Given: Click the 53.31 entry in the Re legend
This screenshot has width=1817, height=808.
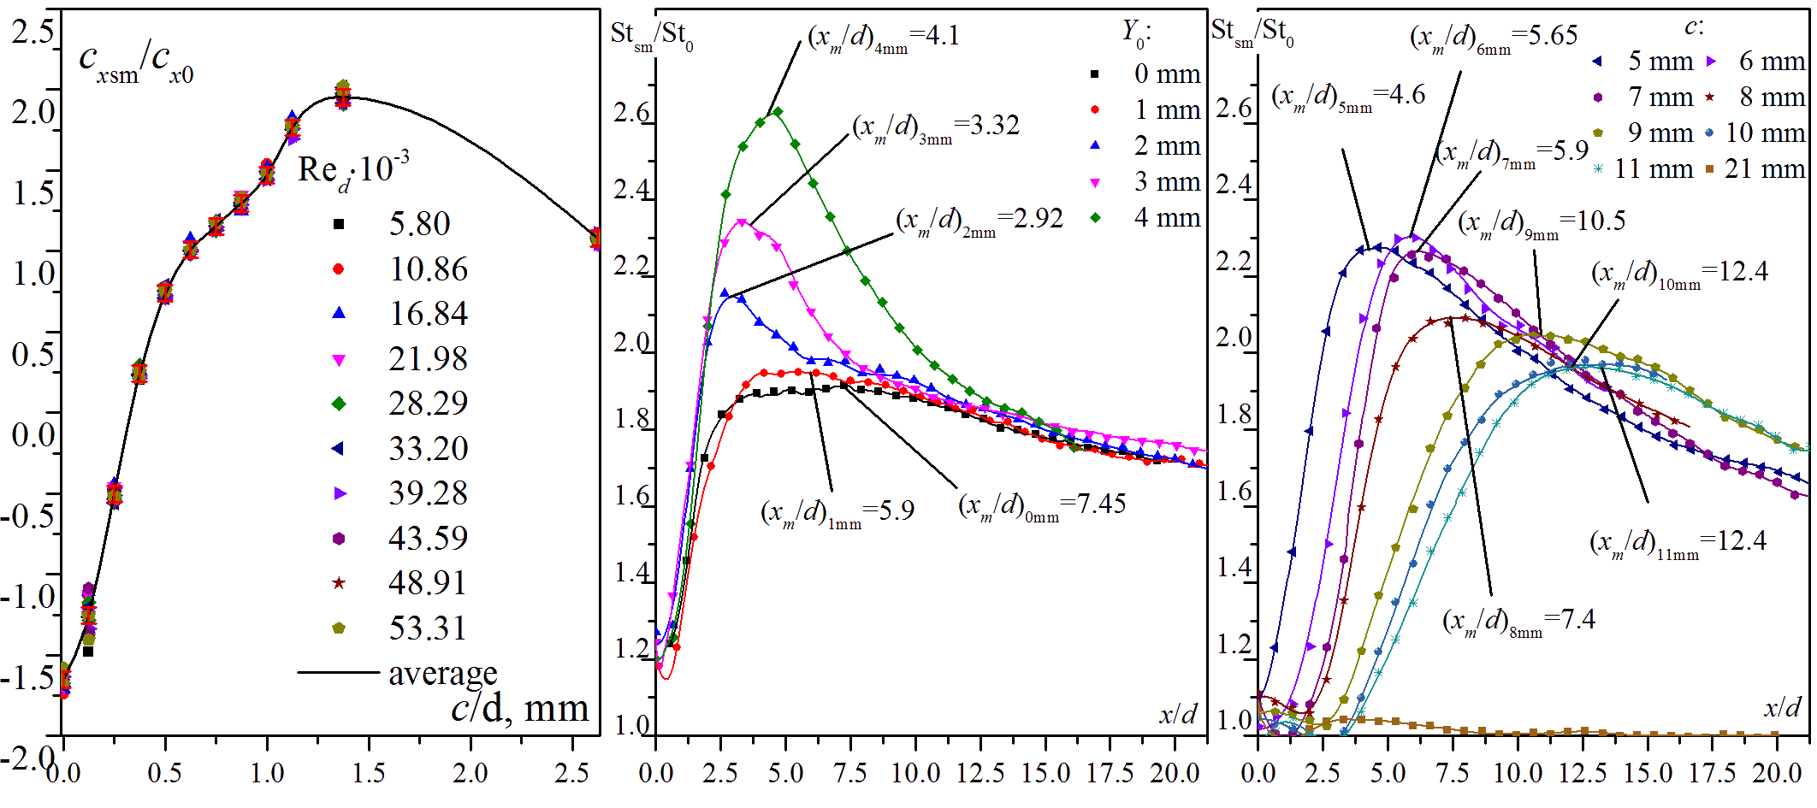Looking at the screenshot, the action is (x=428, y=628).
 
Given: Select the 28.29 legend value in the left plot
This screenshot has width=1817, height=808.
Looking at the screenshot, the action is (x=428, y=403).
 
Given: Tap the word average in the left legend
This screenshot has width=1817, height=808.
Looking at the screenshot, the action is (x=443, y=674).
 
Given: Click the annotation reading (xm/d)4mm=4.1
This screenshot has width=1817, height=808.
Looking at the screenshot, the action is (x=884, y=38).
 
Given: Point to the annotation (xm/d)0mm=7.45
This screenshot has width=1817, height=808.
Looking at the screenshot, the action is (x=1042, y=506).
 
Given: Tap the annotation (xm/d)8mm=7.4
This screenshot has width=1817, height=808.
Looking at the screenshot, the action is (x=1518, y=621).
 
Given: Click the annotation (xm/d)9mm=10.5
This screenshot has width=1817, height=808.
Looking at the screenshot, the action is (x=1542, y=223).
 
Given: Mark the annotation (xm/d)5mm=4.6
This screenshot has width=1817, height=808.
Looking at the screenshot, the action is (x=1348, y=97).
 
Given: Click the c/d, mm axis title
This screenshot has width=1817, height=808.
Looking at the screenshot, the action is (x=520, y=710).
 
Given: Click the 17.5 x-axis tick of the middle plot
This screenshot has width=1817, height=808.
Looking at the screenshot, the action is (x=1110, y=773).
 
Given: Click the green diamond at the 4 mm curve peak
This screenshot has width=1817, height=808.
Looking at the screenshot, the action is (x=777, y=112).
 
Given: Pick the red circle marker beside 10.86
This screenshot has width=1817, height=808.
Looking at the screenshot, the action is (x=339, y=269).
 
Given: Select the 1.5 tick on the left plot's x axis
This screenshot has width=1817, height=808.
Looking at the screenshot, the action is (x=369, y=773).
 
